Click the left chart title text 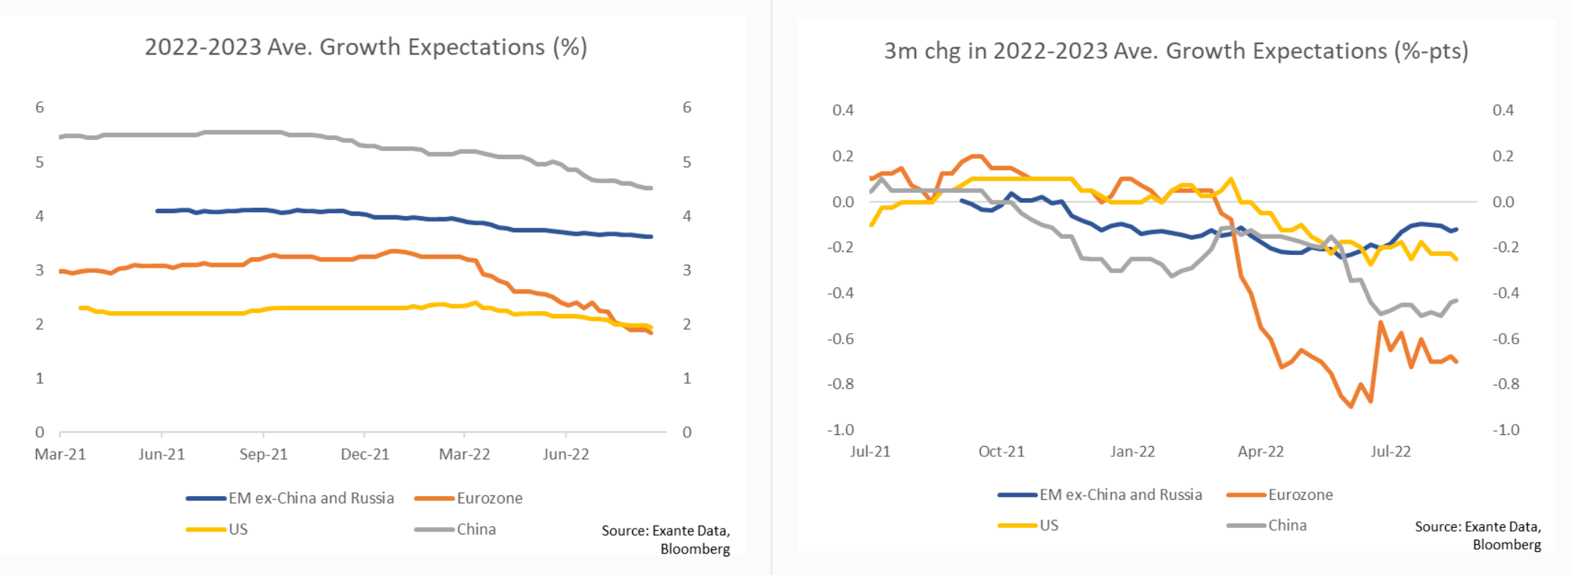tap(366, 47)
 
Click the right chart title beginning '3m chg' tap(1176, 51)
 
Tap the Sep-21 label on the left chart tap(263, 454)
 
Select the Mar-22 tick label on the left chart tap(464, 454)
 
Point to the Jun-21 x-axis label tap(162, 454)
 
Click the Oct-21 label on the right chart tap(1001, 451)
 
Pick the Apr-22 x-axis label tap(1261, 451)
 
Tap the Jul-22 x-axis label tap(1391, 451)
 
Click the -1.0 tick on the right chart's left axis tap(840, 430)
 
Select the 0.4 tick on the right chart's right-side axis tap(1503, 110)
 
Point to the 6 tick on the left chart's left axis tap(40, 108)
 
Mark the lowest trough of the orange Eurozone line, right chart tap(1351, 406)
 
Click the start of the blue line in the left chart tap(158, 211)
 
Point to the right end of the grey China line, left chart tap(651, 188)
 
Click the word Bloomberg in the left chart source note tap(695, 549)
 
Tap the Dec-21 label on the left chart tap(364, 454)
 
